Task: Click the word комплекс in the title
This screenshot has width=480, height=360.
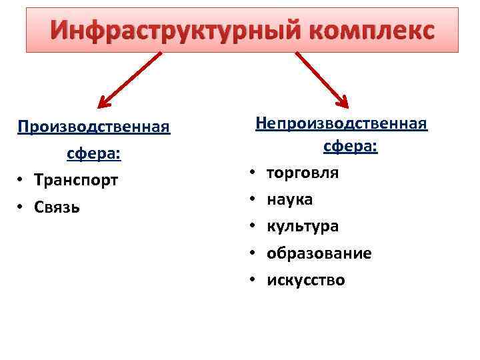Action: [x=365, y=31]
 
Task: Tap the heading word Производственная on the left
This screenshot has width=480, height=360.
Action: [x=94, y=126]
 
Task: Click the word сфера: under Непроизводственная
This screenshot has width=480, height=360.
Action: [x=351, y=147]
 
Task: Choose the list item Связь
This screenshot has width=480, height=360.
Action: [x=57, y=207]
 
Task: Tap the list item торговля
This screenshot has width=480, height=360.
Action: [x=303, y=173]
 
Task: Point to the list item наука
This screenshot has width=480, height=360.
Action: [x=290, y=199]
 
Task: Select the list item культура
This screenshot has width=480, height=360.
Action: [x=303, y=226]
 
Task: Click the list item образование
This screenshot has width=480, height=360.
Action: [x=319, y=253]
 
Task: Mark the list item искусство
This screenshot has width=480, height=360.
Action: [x=306, y=280]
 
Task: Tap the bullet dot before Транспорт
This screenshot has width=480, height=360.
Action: [x=21, y=181]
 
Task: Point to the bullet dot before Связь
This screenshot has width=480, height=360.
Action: [x=21, y=207]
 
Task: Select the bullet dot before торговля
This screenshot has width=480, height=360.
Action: [x=253, y=173]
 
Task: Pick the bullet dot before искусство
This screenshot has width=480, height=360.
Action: [x=253, y=280]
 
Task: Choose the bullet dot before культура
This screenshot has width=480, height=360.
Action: [x=253, y=227]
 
